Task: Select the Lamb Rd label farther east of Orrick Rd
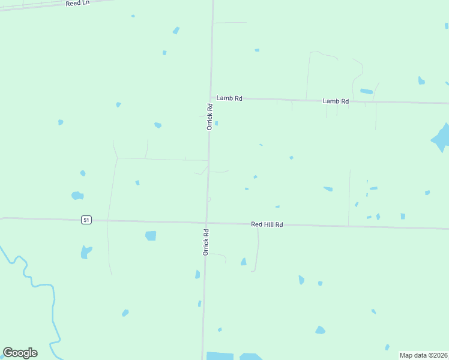click(x=336, y=101)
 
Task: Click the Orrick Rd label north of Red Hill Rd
click(x=209, y=117)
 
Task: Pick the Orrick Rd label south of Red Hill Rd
click(x=205, y=242)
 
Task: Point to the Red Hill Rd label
click(x=267, y=224)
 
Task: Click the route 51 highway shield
click(x=86, y=220)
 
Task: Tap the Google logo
click(x=20, y=353)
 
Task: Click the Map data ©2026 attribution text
click(x=423, y=355)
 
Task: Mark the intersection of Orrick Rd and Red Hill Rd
click(x=206, y=223)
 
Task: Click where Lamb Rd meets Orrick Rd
click(x=211, y=97)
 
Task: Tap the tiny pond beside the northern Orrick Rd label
click(x=216, y=124)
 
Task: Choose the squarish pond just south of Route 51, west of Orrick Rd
click(x=151, y=236)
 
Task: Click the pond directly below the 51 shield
click(x=86, y=252)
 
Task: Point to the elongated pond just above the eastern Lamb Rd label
click(x=366, y=91)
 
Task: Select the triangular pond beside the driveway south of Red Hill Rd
click(x=243, y=262)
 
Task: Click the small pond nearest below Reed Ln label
click(x=133, y=16)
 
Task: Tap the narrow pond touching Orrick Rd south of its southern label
click(x=197, y=274)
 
